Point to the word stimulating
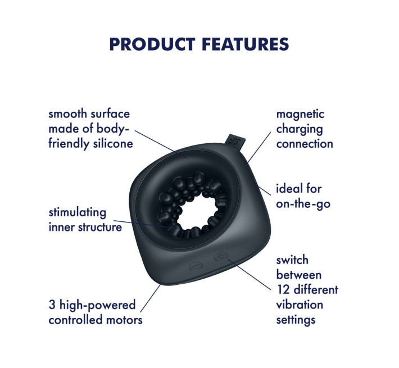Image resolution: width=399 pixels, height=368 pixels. pyautogui.click(x=77, y=213)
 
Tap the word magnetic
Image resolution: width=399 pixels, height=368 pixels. pyautogui.click(x=300, y=114)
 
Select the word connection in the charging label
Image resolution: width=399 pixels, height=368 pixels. pyautogui.click(x=305, y=143)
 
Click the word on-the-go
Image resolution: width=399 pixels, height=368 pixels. pyautogui.click(x=303, y=203)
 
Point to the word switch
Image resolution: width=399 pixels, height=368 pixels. pyautogui.click(x=292, y=261)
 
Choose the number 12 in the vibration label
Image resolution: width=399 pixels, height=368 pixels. pyautogui.click(x=283, y=290)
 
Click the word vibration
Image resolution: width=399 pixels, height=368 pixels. pyautogui.click(x=300, y=305)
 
